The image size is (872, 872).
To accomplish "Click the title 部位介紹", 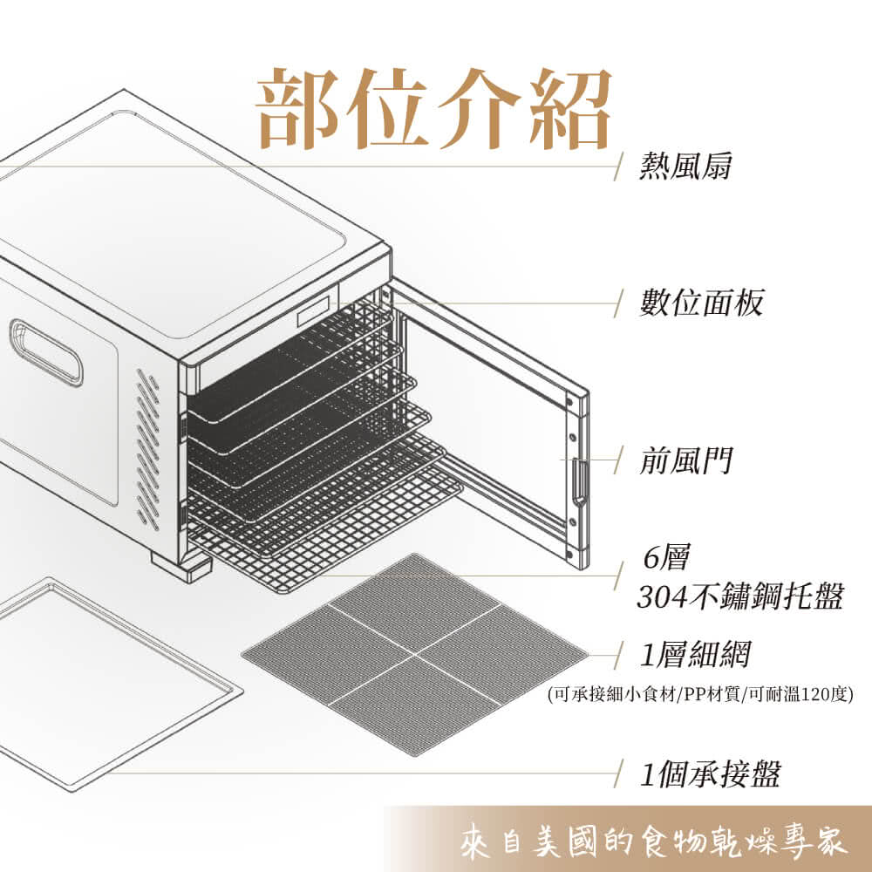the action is click(433, 108).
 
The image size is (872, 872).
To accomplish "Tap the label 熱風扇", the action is click(685, 166).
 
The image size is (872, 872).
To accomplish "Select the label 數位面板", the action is click(701, 303).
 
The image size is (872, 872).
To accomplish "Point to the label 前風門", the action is click(685, 460).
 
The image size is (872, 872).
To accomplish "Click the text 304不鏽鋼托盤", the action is click(739, 596).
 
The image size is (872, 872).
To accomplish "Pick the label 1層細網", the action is click(695, 654).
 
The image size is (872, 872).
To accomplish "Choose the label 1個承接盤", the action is click(710, 773).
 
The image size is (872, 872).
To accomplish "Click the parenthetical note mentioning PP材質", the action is click(700, 695).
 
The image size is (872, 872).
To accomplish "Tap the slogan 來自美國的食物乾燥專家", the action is click(654, 841).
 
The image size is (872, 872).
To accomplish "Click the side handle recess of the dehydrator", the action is click(46, 352).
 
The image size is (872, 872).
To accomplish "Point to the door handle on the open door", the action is click(579, 479).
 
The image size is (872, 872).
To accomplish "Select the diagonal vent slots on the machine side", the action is click(148, 449).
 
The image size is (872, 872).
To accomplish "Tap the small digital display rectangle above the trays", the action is click(313, 311).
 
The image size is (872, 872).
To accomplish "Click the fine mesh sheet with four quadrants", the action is click(414, 654).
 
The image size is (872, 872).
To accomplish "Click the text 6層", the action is click(665, 557).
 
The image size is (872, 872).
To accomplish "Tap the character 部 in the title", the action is click(298, 108).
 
